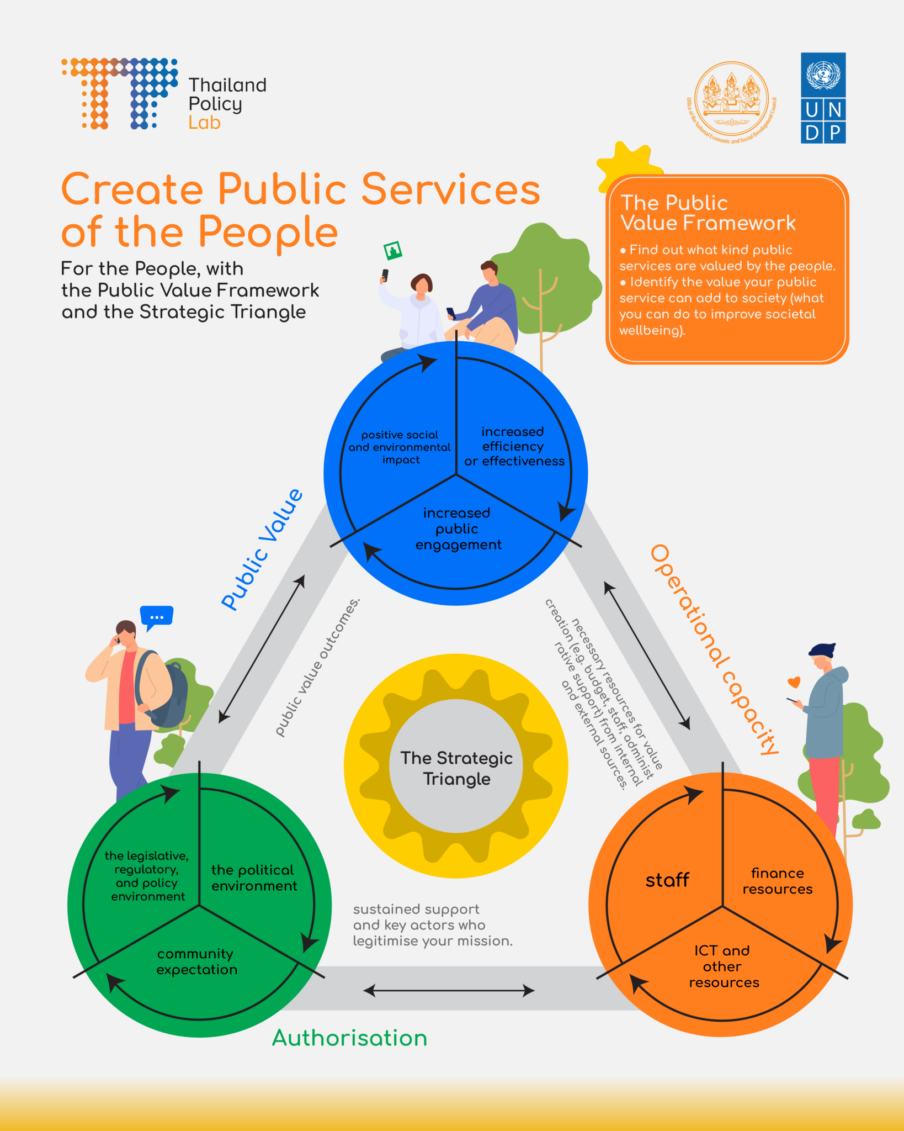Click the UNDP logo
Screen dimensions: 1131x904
[x=823, y=98]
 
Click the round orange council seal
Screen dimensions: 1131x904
[x=731, y=100]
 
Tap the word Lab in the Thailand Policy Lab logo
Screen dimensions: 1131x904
[x=204, y=123]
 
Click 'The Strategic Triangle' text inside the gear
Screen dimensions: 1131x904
[x=456, y=768]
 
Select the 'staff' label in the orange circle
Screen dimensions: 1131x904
[x=667, y=880]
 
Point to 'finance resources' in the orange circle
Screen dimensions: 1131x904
[x=777, y=881]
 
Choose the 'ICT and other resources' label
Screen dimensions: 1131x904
[x=723, y=966]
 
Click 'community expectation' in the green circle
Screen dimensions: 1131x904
[x=196, y=961]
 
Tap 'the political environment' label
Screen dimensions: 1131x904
[x=254, y=878]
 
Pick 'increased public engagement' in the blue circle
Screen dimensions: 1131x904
[x=458, y=528]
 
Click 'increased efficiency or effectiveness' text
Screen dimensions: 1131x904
[x=514, y=446]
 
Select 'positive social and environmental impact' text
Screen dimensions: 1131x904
[x=400, y=447]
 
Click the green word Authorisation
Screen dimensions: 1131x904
[x=350, y=1038]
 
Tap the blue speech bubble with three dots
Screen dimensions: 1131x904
[x=157, y=616]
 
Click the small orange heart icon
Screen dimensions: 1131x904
[x=794, y=682]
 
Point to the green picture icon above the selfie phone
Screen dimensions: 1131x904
[x=393, y=251]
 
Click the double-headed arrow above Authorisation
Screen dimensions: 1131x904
[x=449, y=991]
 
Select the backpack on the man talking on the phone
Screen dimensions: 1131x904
[x=166, y=690]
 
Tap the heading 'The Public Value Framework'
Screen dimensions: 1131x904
[x=708, y=213]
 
